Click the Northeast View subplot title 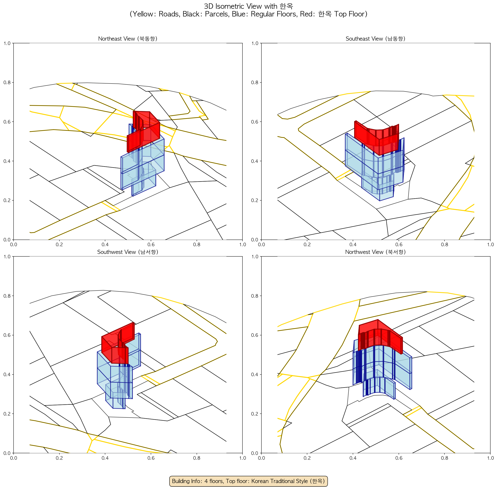pos(128,39)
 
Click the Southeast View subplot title pos(375,39)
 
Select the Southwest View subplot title pos(128,252)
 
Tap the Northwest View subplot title pos(375,252)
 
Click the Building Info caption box pos(248,481)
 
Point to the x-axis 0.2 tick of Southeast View pos(307,245)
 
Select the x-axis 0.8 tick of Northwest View pos(444,458)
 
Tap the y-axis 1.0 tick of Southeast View pos(255,43)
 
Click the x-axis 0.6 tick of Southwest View pos(151,458)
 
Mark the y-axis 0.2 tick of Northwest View pos(255,414)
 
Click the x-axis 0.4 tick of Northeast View pos(105,245)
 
